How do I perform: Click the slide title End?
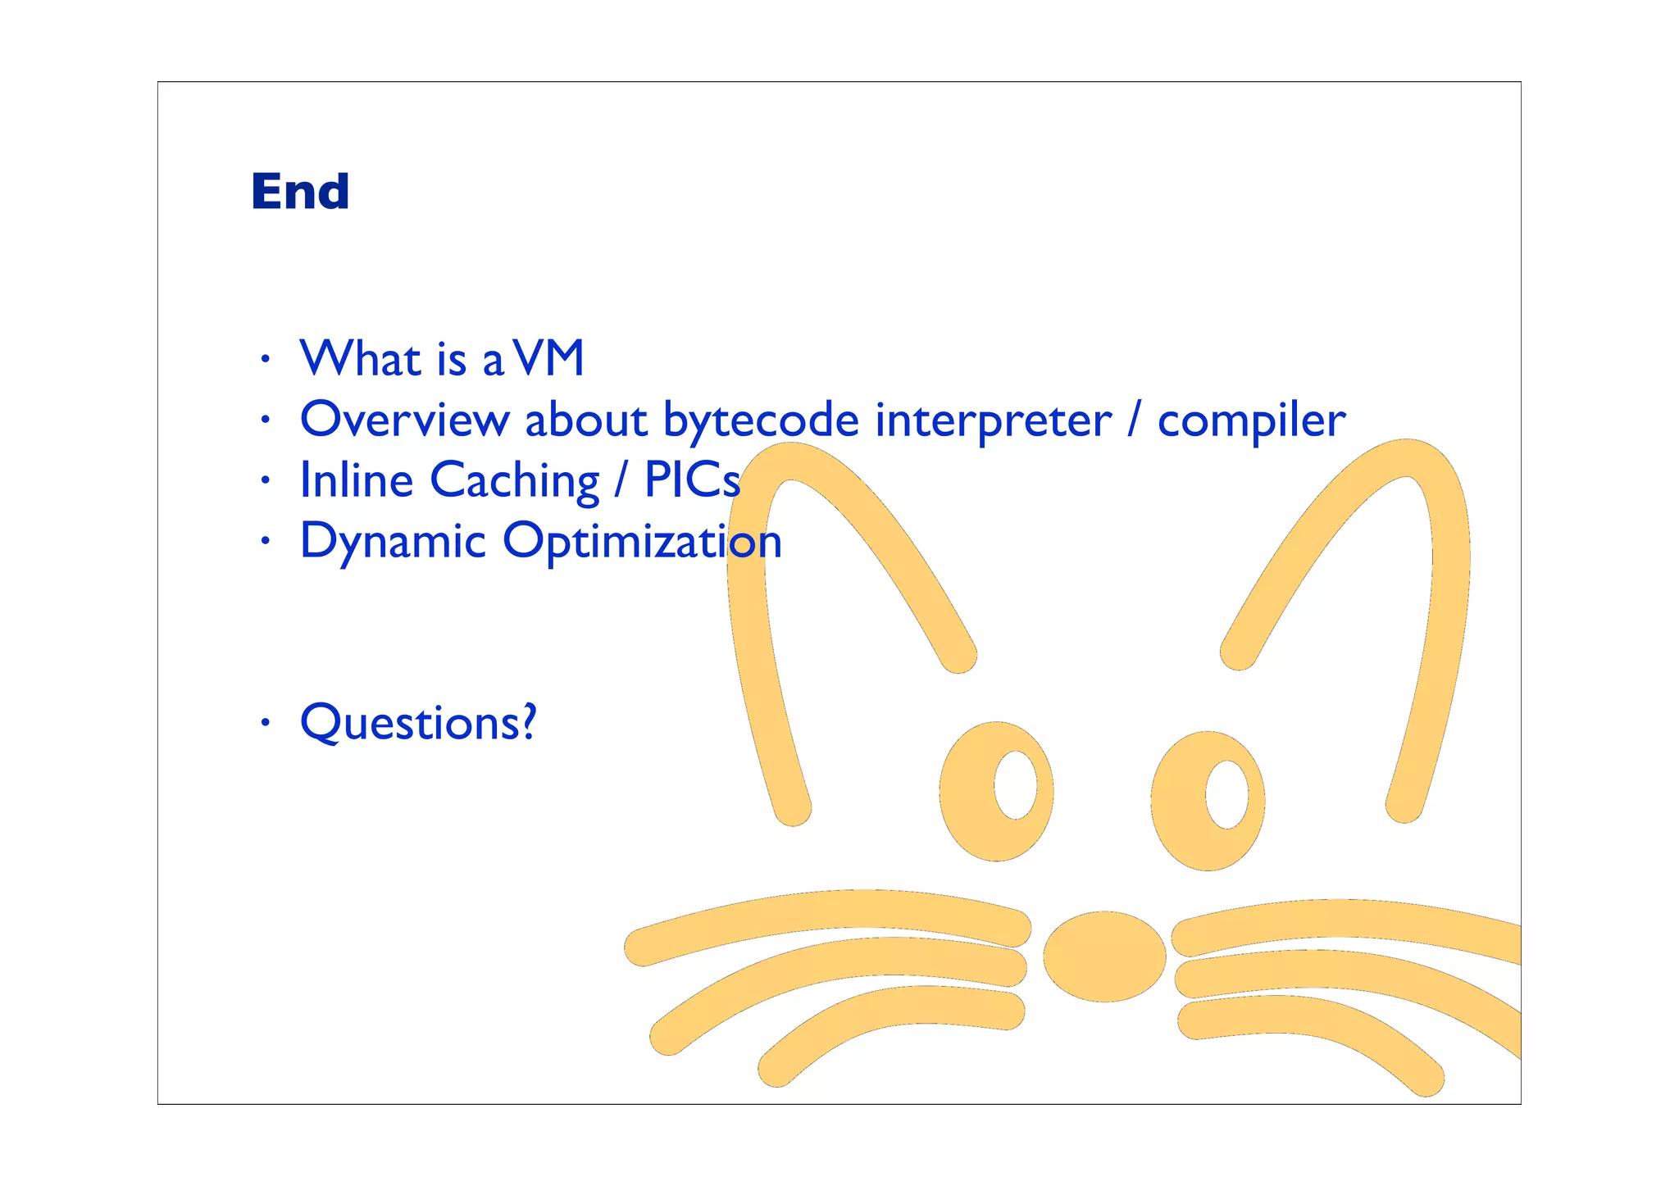click(300, 192)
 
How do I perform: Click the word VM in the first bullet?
click(549, 358)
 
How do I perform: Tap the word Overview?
click(403, 420)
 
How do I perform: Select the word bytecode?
click(761, 421)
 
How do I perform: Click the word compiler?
click(1251, 421)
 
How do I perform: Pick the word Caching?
click(514, 481)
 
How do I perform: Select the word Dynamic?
click(393, 543)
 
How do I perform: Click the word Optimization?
click(642, 543)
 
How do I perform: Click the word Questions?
click(418, 723)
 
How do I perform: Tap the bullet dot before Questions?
click(264, 723)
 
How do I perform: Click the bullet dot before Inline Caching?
click(264, 480)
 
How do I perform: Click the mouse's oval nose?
click(1104, 956)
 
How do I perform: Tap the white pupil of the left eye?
click(1015, 784)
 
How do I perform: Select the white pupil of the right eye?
click(1226, 794)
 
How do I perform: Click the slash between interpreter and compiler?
click(1134, 420)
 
